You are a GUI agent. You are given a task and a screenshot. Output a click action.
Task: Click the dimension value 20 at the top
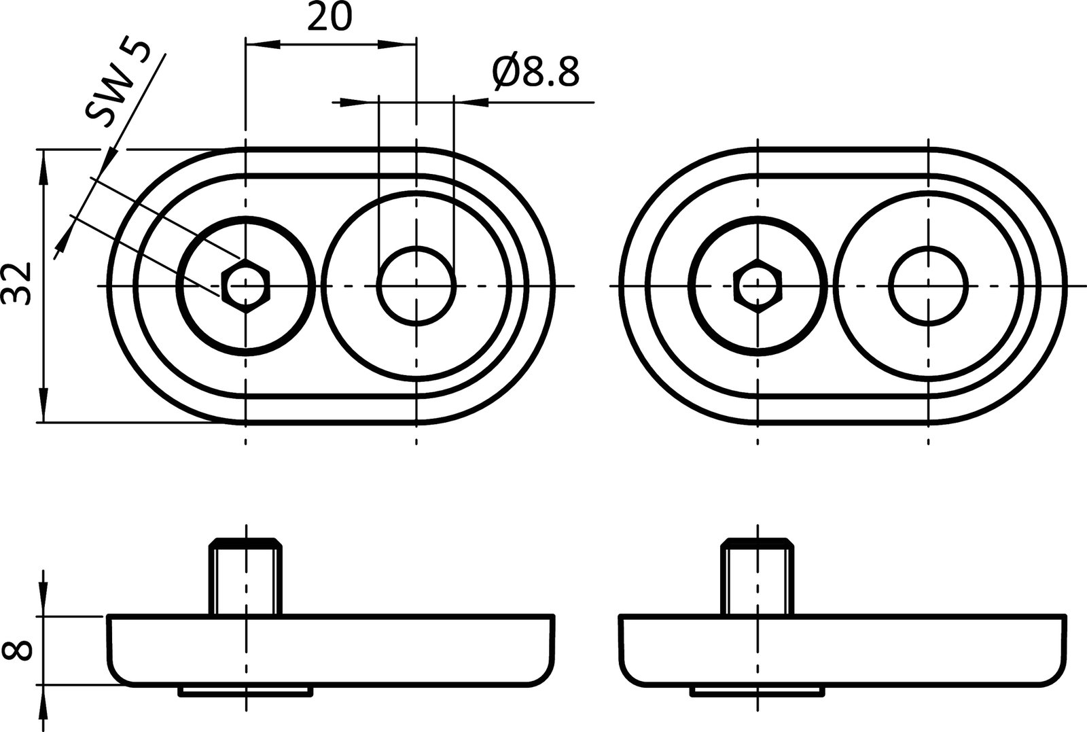(330, 18)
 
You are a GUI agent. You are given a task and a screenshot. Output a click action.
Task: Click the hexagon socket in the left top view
(246, 285)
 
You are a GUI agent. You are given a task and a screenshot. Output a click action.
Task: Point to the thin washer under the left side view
(245, 691)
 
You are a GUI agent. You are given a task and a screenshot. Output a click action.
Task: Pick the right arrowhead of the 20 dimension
(397, 45)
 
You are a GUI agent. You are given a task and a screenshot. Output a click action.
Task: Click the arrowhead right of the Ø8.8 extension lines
(473, 103)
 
